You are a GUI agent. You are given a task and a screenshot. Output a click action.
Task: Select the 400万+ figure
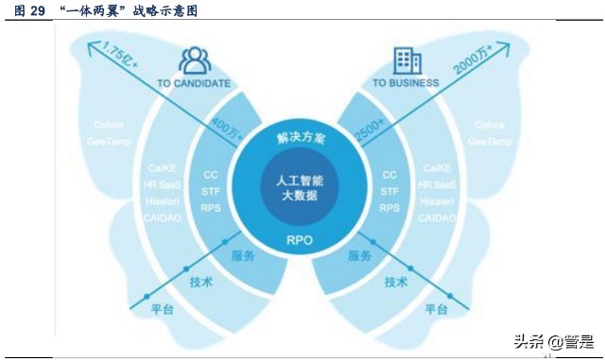226,130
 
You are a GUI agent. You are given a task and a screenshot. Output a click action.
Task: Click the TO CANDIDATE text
194,83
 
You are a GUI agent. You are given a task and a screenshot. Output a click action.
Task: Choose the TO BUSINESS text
406,83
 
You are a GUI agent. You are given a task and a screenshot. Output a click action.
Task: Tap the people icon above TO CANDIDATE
196,60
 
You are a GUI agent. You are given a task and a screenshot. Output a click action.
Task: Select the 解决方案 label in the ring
301,138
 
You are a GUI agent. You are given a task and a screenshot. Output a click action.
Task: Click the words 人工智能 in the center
301,180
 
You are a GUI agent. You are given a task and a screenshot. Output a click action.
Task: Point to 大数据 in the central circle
301,196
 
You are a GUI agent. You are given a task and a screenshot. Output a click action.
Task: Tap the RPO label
300,240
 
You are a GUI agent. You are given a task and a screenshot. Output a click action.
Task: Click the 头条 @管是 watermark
552,342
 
